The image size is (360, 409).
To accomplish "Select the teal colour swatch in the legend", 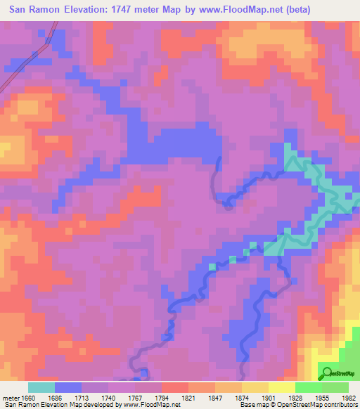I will point(41,387).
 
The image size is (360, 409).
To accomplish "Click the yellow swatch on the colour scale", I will point(281,387).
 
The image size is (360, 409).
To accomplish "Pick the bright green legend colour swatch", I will point(308,387).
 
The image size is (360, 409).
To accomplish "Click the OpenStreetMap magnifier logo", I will point(326,372).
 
